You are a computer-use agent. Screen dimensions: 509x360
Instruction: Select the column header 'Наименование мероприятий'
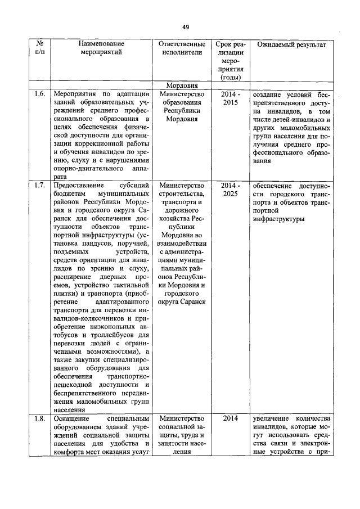click(101, 48)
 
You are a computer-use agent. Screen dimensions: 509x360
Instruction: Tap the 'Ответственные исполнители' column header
click(181, 48)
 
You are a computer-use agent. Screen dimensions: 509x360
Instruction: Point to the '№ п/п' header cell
click(40, 48)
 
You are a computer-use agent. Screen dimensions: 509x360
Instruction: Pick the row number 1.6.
click(39, 94)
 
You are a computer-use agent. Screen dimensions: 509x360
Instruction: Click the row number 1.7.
click(39, 185)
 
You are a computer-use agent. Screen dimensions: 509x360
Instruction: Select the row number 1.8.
click(39, 418)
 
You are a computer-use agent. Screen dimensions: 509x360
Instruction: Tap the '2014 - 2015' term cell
click(230, 98)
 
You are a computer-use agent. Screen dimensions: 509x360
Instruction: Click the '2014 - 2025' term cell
click(230, 190)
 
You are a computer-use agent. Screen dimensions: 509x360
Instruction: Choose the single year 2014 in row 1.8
click(230, 418)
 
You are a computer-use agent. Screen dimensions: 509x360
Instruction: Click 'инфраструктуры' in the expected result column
click(280, 219)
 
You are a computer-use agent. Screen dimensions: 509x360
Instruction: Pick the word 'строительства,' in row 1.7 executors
click(181, 195)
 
